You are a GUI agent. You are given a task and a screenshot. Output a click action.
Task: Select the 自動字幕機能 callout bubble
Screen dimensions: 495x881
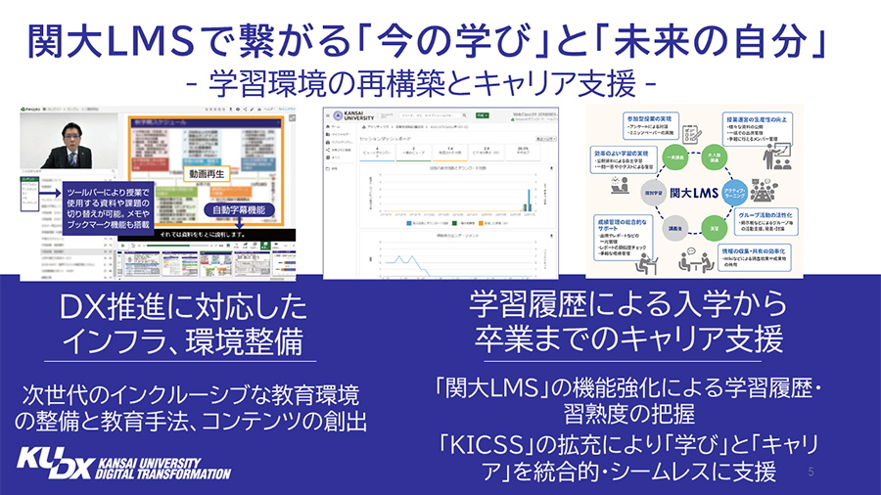[237, 209]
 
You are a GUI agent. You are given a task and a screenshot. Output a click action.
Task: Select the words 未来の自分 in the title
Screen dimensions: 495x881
[735, 39]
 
